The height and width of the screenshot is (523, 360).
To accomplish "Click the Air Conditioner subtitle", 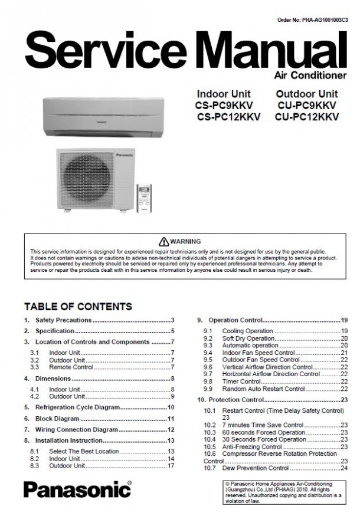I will (x=310, y=75).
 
